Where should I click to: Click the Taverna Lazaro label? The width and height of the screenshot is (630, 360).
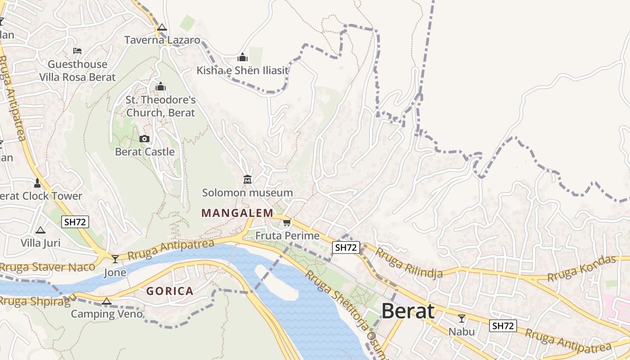162,40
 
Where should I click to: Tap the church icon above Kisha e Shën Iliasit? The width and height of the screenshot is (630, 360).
243,58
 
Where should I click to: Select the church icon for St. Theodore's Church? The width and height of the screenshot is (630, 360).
161,86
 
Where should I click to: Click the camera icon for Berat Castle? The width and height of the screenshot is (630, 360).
144,139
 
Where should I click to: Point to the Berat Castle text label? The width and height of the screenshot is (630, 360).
144,152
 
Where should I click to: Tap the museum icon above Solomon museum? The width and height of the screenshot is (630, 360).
247,180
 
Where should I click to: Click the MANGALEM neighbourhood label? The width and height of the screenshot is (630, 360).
237,213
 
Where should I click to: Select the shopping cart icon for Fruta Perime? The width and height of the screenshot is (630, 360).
287,222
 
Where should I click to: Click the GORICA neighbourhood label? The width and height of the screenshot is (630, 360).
170,291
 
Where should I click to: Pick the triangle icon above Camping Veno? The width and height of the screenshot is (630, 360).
106,301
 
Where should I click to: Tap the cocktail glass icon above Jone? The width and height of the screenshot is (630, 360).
115,259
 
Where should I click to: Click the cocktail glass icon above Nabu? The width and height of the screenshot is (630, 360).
461,319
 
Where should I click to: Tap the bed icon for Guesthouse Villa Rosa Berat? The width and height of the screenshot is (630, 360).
77,51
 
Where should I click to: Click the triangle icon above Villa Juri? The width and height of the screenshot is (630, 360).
40,230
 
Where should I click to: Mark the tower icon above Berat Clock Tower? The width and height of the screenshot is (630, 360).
37,183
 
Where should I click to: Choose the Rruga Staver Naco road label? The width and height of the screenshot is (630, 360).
47,267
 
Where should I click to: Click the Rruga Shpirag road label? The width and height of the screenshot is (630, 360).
35,301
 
